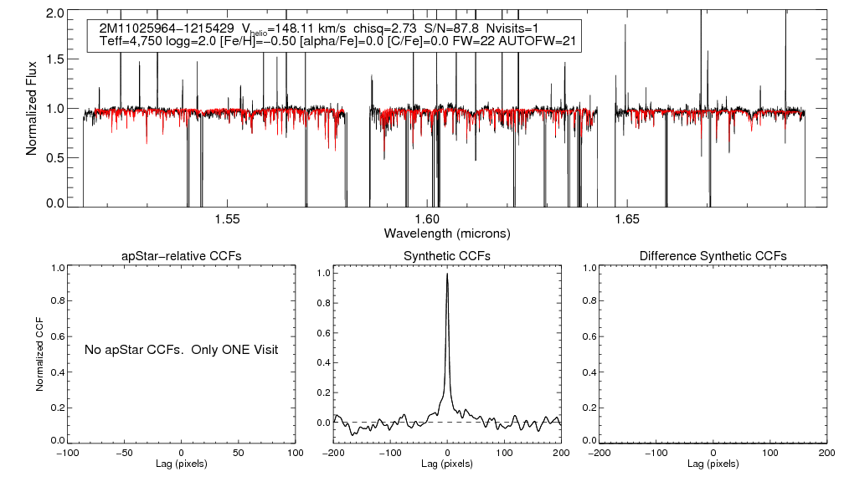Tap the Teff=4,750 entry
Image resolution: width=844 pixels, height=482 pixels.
pos(130,40)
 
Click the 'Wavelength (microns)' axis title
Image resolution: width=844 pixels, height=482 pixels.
pos(446,233)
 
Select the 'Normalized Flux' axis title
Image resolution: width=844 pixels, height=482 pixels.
pos(33,108)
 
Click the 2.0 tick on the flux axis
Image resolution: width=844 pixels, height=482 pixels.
pos(56,14)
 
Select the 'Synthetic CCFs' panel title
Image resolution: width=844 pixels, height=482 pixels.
pos(447,255)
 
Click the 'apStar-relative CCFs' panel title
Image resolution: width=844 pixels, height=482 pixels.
pos(182,255)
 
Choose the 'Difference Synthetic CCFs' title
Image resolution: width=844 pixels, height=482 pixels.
pos(713,255)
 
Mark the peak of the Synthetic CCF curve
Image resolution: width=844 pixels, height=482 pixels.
pos(448,274)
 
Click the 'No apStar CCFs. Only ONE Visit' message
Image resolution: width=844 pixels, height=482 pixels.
pos(181,349)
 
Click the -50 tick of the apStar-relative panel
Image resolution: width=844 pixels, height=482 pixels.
pos(126,453)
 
